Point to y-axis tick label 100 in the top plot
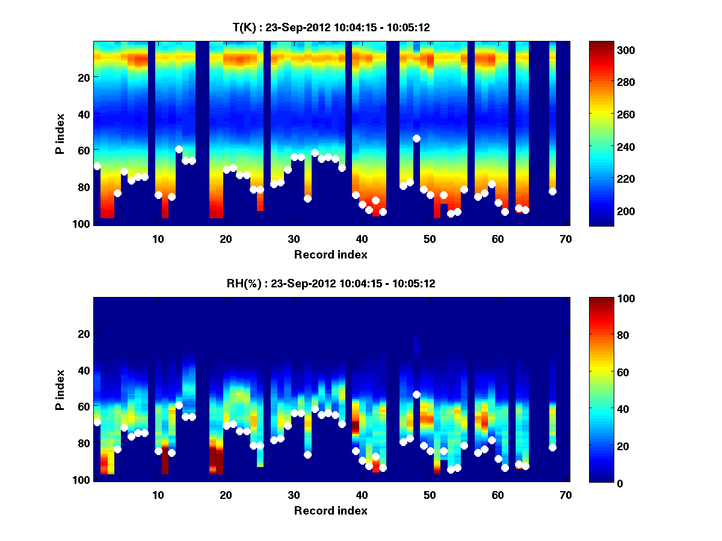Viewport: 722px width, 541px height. tap(82, 224)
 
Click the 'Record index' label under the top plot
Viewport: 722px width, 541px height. tap(330, 254)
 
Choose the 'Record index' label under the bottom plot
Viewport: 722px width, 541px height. tap(330, 510)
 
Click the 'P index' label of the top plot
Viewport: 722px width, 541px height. tap(60, 133)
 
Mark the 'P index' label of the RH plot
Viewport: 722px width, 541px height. tap(60, 390)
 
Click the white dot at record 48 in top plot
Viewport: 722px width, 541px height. tap(416, 138)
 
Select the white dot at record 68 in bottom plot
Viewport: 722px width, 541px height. tap(552, 447)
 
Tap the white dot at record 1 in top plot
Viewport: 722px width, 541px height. tap(97, 166)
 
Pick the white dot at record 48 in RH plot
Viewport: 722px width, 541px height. tap(416, 394)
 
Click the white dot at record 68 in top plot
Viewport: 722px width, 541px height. tap(552, 191)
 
